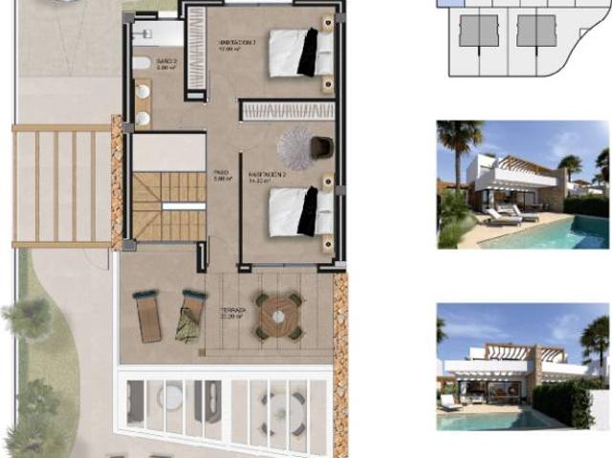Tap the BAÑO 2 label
[x=165, y=66]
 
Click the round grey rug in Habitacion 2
[x=295, y=148]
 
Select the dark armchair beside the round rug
[x=321, y=147]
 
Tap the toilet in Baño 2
[x=141, y=64]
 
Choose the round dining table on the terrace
[x=278, y=315]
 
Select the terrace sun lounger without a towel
[x=148, y=316]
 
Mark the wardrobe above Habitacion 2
[x=287, y=111]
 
